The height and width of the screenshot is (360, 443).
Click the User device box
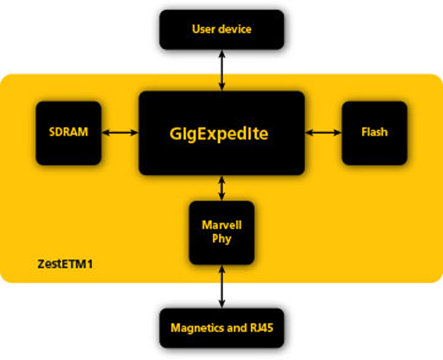[x=221, y=30]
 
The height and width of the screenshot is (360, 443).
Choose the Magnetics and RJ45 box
[x=221, y=329]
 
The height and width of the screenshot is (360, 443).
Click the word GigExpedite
[x=219, y=133]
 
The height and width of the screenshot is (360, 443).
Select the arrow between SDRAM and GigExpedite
[x=120, y=132]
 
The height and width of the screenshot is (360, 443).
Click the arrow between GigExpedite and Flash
[x=323, y=132]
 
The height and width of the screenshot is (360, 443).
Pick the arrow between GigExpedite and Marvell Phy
[x=222, y=188]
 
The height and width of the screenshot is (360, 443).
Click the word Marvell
[x=221, y=225]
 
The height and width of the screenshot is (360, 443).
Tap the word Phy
[x=221, y=239]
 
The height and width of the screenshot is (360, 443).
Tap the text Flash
[x=375, y=132]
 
